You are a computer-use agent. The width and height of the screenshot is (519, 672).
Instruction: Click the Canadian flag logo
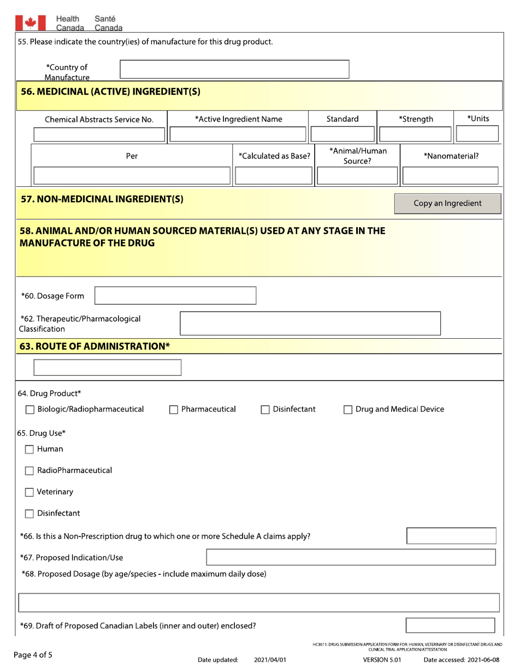[x=30, y=22]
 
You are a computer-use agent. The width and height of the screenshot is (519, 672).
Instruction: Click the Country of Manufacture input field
[x=234, y=69]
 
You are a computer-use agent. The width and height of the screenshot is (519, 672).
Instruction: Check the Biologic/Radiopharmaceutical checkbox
[x=31, y=409]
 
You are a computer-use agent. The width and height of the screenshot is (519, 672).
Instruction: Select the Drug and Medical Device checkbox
[x=348, y=409]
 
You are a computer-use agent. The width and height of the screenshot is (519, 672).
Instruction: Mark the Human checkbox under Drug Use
[x=31, y=450]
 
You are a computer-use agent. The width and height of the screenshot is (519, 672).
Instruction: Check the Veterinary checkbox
[x=31, y=492]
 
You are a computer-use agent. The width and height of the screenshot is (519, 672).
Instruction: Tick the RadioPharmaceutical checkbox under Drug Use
[x=31, y=471]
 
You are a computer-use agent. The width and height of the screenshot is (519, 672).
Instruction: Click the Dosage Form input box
[x=176, y=296]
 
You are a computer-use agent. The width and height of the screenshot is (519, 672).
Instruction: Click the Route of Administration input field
[x=108, y=367]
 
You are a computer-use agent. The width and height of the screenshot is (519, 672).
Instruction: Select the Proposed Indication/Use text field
[x=351, y=557]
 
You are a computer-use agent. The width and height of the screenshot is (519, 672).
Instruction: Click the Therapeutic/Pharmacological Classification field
[x=310, y=323]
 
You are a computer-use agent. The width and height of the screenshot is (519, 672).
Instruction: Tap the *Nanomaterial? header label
[x=451, y=156]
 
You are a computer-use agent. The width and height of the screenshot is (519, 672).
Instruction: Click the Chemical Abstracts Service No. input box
[x=99, y=134]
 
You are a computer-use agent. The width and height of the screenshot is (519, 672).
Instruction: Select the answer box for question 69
[x=451, y=625]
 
